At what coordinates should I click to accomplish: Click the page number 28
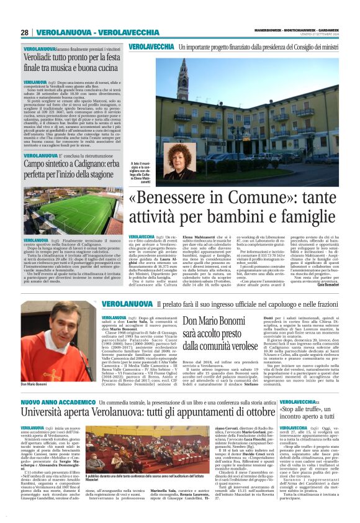(x=25, y=32)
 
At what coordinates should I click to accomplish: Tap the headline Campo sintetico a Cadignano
(x=73, y=165)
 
